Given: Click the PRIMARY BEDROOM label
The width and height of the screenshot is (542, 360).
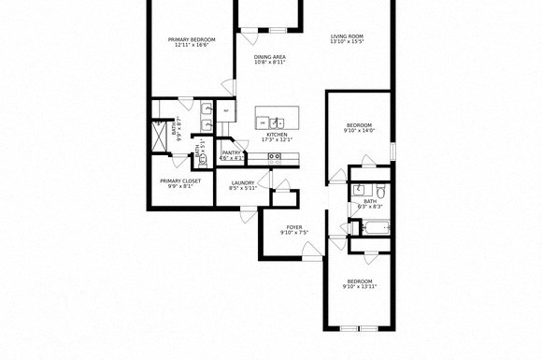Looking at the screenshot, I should pos(192,39).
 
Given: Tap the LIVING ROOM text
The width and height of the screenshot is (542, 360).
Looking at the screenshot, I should pos(346,36).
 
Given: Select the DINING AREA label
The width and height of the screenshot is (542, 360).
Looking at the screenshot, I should pos(269,57).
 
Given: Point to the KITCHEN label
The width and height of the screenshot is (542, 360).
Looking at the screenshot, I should pos(277,135).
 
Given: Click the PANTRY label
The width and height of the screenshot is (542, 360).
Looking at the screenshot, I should pos(232,152).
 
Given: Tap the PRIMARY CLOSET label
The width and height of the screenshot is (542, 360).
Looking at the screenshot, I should pos(180,180).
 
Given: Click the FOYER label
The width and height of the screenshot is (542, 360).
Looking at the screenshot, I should pos(293,226).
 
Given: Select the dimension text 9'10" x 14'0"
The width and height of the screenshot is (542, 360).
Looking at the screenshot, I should pos(359,132).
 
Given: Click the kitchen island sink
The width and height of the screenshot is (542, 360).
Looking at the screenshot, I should pos(278,122).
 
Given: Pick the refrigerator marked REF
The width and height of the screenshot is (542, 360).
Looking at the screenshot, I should pos(225,110).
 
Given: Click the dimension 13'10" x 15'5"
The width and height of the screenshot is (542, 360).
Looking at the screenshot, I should pos(346,42).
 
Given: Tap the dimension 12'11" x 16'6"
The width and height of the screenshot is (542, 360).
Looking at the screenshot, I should pos(192,45).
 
